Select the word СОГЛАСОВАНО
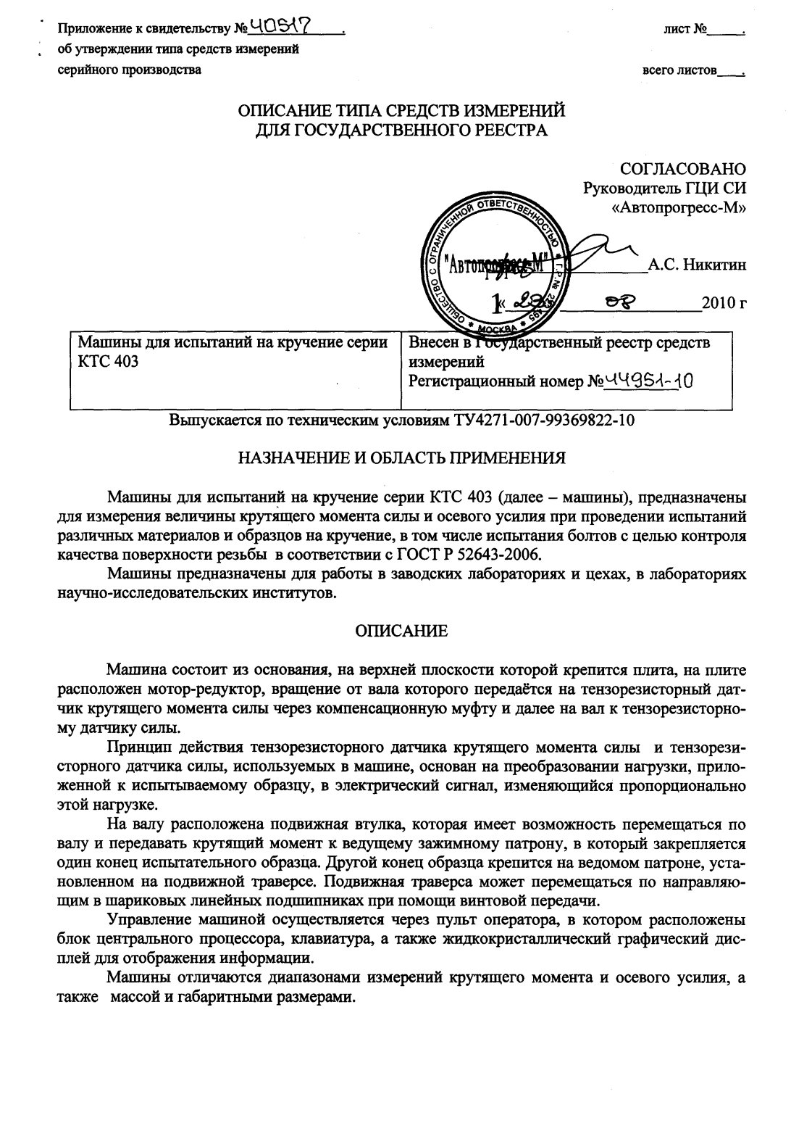coord(683,169)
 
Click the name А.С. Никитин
coord(697,265)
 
